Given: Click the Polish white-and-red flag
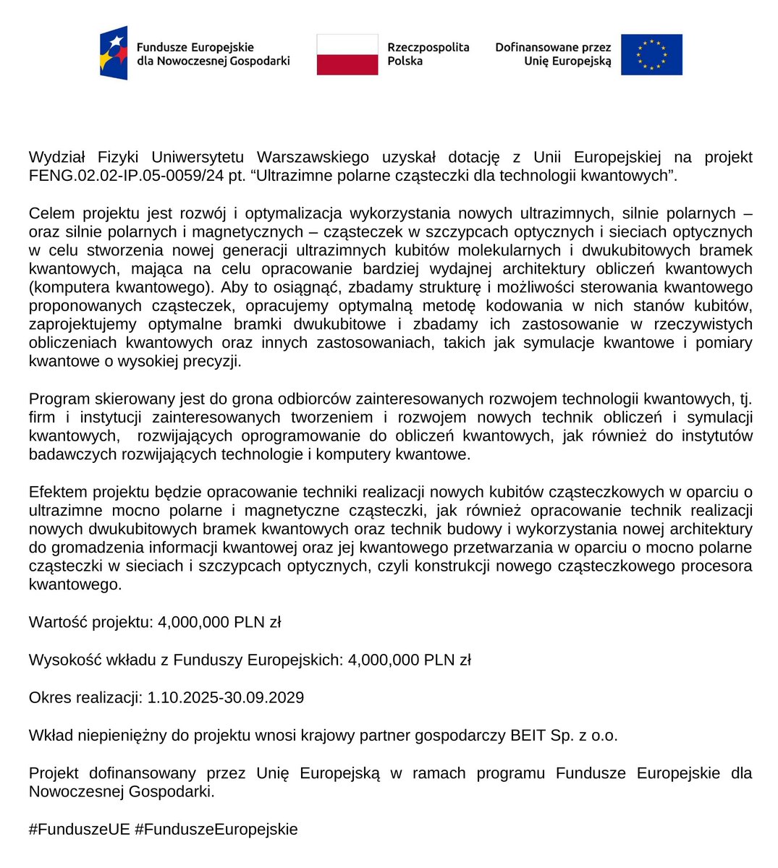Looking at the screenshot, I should (x=347, y=54).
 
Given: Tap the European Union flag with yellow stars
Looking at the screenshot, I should (x=651, y=54).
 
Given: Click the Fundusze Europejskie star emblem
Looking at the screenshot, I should (x=114, y=53).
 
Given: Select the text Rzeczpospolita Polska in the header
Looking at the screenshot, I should (x=428, y=54).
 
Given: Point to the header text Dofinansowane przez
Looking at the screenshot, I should (x=553, y=47).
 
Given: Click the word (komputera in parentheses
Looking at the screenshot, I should (x=65, y=287).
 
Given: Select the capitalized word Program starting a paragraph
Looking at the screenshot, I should (x=59, y=399).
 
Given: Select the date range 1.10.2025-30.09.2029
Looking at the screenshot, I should (x=225, y=697).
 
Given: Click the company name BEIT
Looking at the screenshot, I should (x=528, y=736).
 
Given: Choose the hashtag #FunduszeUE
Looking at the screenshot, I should (x=80, y=829).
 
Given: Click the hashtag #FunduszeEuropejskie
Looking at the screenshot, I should (x=216, y=829).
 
